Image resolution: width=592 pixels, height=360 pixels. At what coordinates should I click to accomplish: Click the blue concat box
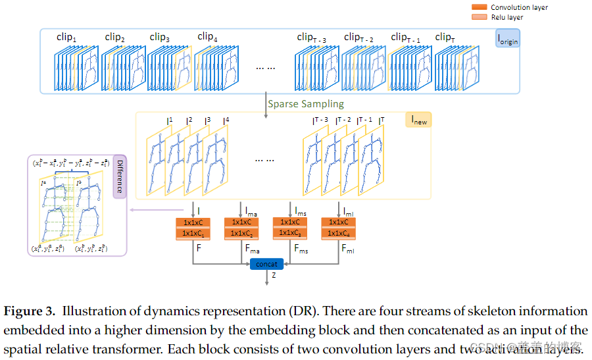(x=266, y=263)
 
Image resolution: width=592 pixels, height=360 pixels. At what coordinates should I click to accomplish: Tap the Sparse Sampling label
(x=305, y=104)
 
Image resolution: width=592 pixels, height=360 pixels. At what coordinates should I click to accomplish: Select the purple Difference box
(x=119, y=176)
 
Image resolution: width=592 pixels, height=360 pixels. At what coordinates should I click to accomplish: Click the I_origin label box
(x=507, y=38)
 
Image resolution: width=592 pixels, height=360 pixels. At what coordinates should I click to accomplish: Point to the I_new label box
(x=419, y=120)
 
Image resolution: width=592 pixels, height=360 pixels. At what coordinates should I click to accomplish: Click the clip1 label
(x=66, y=38)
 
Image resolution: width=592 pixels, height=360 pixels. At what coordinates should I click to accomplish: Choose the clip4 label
(x=207, y=37)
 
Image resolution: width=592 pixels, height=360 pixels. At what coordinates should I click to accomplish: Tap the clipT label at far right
(x=445, y=38)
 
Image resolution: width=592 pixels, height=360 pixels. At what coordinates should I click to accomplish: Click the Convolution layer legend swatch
(x=480, y=7)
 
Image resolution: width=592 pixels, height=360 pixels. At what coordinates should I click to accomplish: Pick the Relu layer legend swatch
(x=480, y=16)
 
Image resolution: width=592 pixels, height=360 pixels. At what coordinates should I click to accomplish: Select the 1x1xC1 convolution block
(x=193, y=233)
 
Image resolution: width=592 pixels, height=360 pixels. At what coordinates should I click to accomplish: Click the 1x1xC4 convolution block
(x=339, y=233)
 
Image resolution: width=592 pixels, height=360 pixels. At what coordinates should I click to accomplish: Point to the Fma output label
(x=253, y=250)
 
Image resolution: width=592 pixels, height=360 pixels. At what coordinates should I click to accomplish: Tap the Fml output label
(x=349, y=250)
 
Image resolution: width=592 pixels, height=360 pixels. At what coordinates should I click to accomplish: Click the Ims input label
(x=299, y=211)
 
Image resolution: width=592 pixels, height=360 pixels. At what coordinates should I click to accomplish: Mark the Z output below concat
(x=274, y=277)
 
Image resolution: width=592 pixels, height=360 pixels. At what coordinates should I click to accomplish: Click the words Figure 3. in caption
(x=30, y=311)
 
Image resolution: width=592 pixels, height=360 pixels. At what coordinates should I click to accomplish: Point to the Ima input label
(x=251, y=211)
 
